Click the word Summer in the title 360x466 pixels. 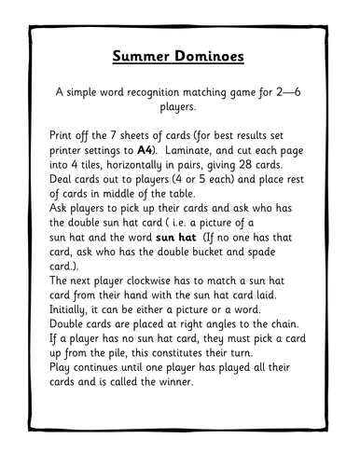pos(145,56)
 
